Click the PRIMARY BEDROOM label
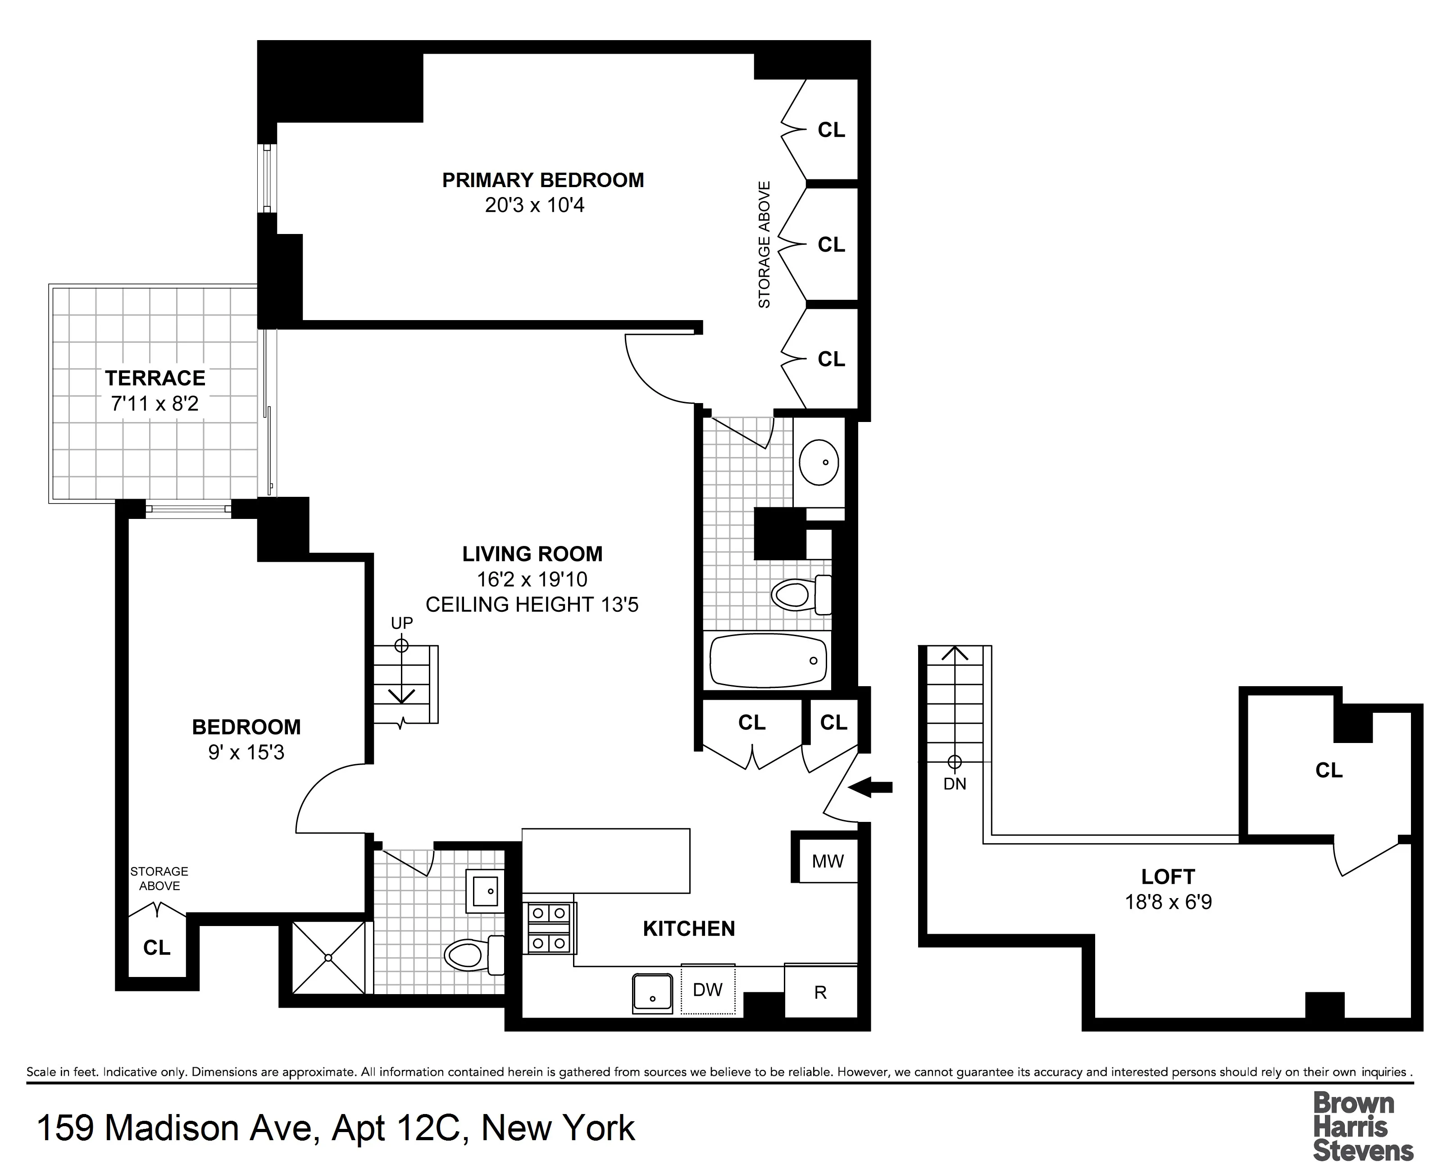tap(543, 180)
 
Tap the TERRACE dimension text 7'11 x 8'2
tap(155, 404)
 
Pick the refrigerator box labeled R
tap(820, 992)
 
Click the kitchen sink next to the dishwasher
tap(652, 993)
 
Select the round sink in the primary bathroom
tap(819, 463)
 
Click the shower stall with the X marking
tap(328, 958)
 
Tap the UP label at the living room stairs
tap(401, 623)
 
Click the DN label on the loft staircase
tap(954, 784)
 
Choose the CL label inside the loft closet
tap(1329, 770)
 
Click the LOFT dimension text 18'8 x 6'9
tap(1168, 902)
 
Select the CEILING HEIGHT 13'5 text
tap(532, 605)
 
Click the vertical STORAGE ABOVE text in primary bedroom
tap(764, 245)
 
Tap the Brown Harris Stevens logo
tap(1362, 1126)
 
